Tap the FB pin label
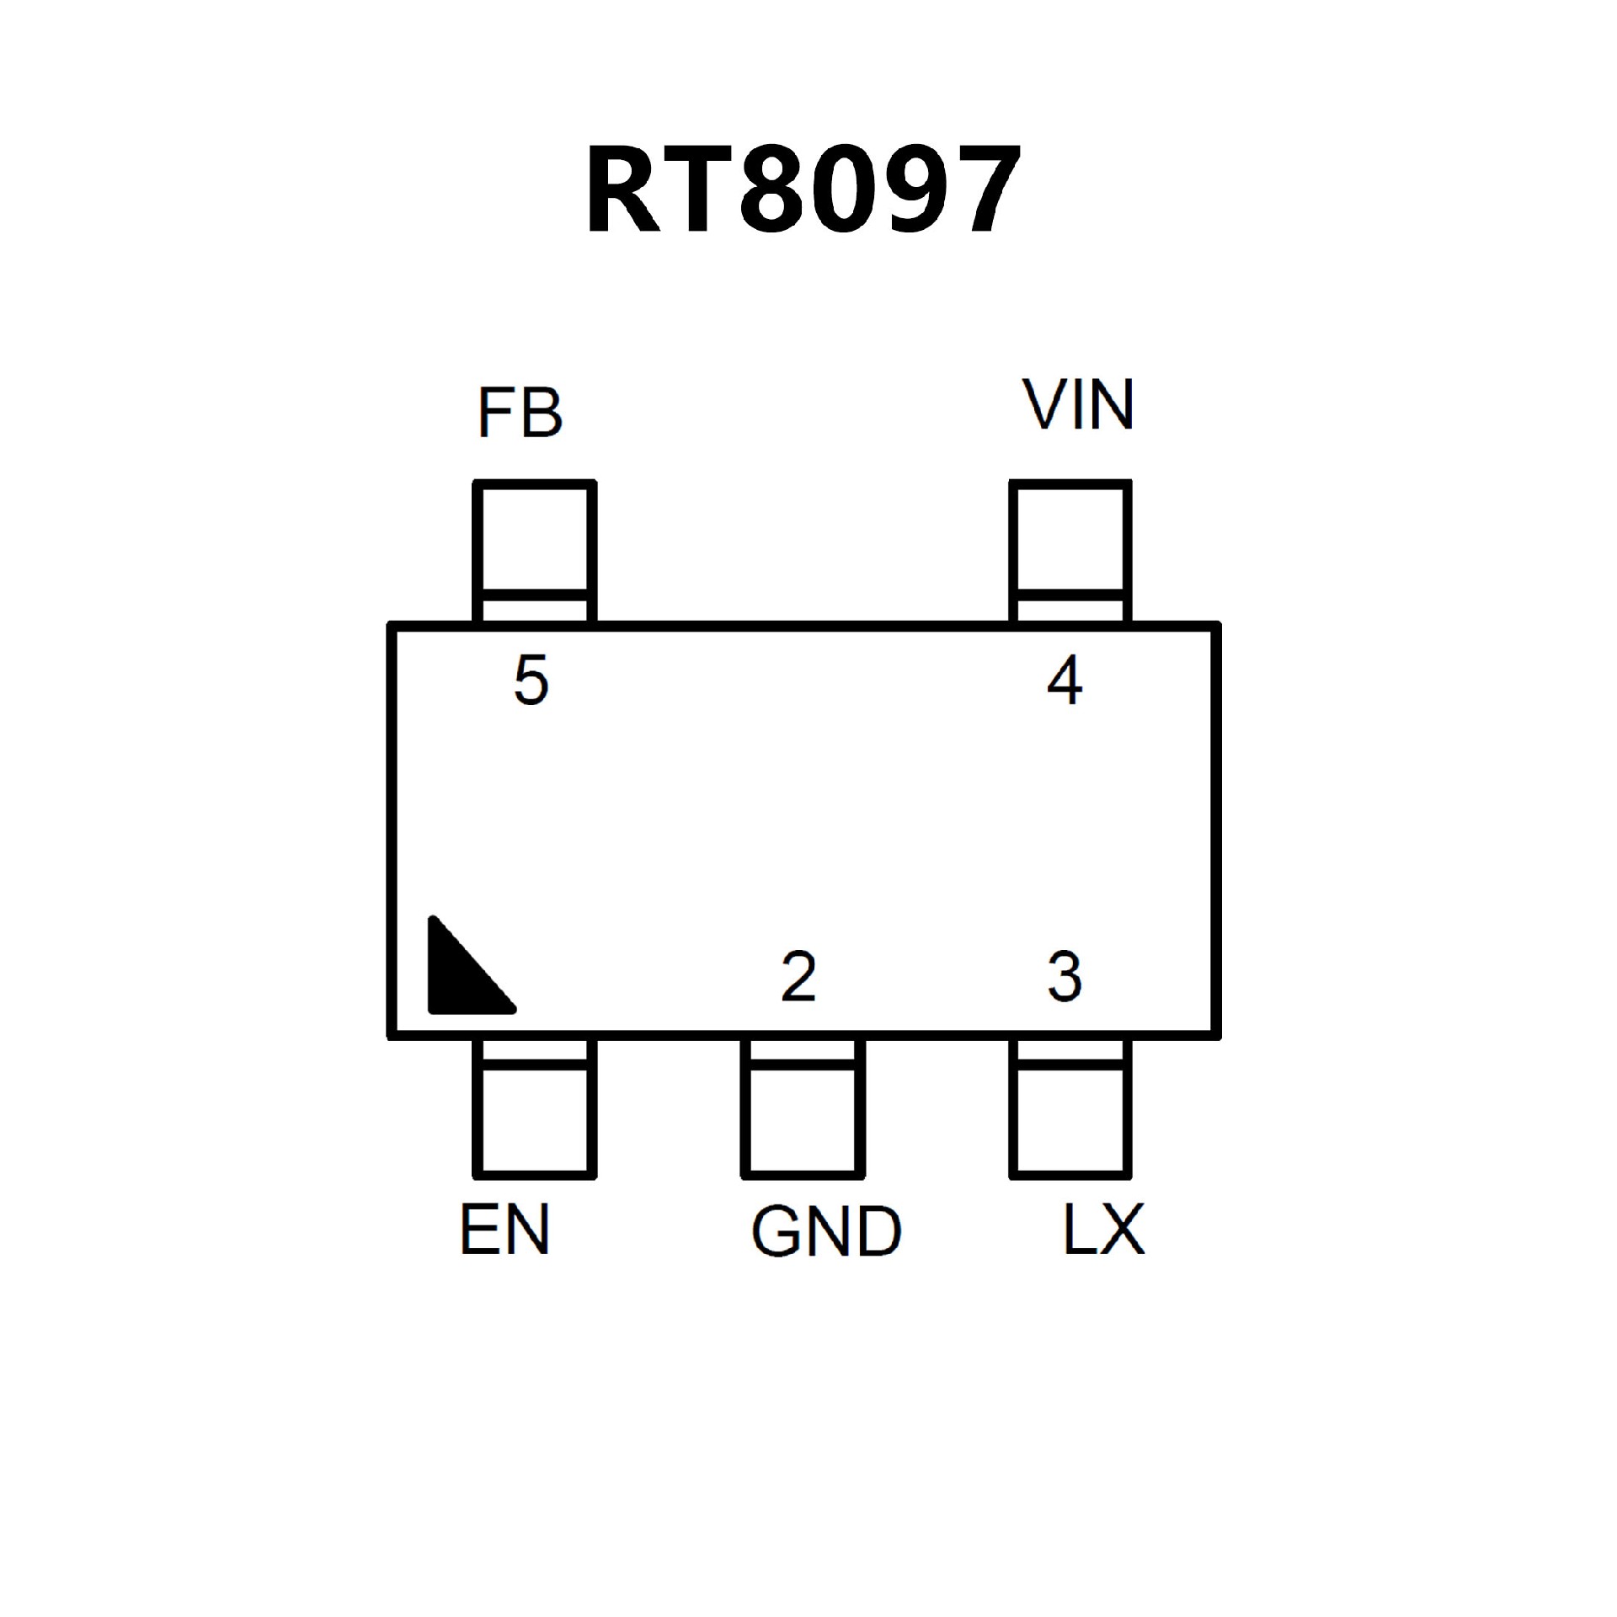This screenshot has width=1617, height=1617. [520, 413]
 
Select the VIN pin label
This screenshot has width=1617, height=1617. [1078, 405]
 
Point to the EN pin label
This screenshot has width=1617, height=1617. [504, 1230]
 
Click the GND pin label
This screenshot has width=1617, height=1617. [826, 1232]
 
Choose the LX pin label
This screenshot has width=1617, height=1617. [1103, 1230]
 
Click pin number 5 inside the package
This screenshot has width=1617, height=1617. [531, 680]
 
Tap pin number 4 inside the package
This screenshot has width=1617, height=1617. [1065, 680]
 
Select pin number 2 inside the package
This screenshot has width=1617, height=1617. [798, 977]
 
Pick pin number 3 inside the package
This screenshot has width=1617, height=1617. [1065, 977]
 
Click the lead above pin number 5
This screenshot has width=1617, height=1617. [535, 552]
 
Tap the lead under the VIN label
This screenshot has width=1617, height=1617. [1070, 552]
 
